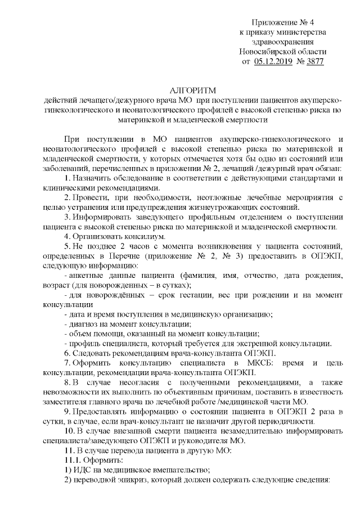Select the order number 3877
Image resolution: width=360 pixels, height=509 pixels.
click(313, 61)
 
